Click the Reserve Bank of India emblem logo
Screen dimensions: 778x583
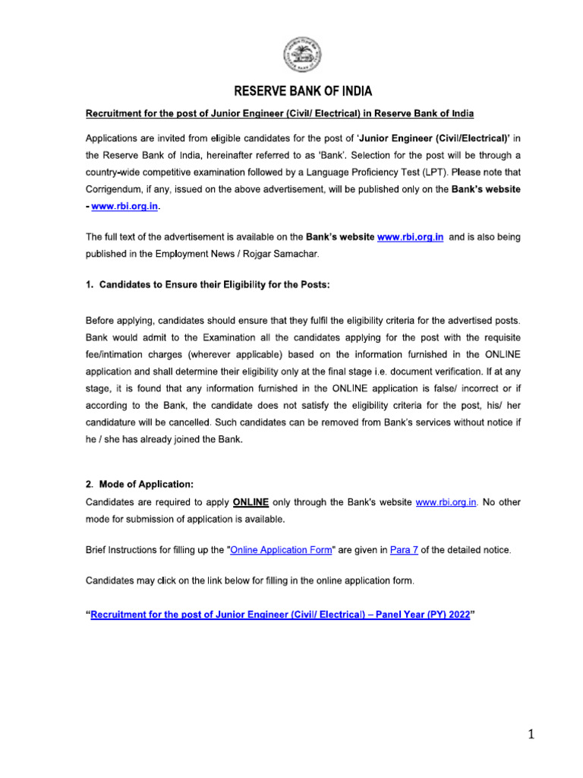coord(302,55)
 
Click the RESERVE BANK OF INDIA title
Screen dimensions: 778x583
coord(302,92)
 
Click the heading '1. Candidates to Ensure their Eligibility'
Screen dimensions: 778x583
coord(207,283)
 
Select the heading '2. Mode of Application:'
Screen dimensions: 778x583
coord(134,485)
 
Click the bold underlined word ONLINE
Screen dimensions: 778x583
coord(251,502)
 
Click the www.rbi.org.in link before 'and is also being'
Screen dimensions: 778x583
coord(410,238)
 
